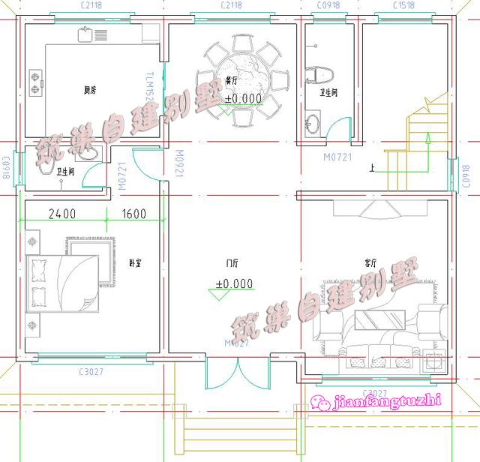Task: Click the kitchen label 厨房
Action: [x=89, y=91]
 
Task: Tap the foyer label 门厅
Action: [x=232, y=264]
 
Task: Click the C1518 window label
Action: [x=406, y=6]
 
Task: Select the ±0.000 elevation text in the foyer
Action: [x=234, y=283]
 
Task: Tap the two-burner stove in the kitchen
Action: [x=34, y=82]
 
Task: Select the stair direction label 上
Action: [x=371, y=168]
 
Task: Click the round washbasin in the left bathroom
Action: [x=90, y=153]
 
